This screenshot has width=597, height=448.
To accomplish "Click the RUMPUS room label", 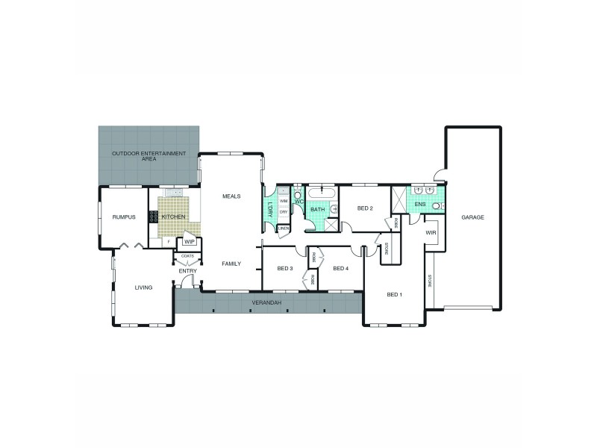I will coord(124,217).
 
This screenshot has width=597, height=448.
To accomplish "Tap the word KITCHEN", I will coord(173,217).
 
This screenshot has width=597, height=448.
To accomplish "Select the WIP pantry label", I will coord(189,241).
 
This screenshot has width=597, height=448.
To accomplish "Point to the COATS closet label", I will coord(186,255).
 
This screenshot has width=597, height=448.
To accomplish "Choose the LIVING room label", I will coord(143,287).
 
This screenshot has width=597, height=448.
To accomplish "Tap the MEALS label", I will coord(231,196).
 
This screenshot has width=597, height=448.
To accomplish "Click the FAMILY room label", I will coord(231,264).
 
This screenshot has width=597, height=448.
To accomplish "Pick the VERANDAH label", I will coord(265,303).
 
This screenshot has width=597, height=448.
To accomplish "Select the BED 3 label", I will coord(284,268).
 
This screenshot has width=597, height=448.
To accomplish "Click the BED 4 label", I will coord(340,268).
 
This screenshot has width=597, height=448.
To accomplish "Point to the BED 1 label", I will coord(395,295).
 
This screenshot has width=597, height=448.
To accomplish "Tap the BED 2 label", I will coord(364,208).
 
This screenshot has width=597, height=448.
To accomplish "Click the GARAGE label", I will coord(472,217).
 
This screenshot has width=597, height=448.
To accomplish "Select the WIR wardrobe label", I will coord(431,232).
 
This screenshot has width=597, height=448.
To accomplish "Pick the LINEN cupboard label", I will coord(283,228).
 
